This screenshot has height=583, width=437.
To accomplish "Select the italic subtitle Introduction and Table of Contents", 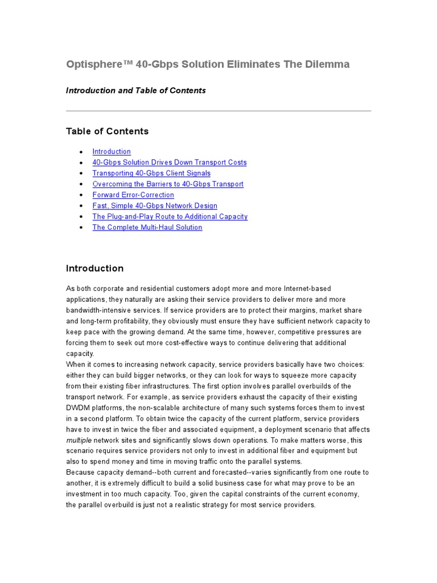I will point(135,91).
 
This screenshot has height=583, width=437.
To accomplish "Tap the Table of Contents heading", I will point(107,132).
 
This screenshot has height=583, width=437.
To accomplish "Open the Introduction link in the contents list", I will point(112,151).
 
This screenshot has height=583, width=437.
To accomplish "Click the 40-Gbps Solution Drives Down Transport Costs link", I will point(170,162).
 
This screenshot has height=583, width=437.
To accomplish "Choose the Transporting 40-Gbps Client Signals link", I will point(151,173).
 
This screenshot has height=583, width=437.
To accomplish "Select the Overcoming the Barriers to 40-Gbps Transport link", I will point(168,184).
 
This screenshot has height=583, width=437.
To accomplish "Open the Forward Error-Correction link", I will point(133,195).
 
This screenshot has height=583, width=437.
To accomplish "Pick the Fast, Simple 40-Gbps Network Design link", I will point(155,206).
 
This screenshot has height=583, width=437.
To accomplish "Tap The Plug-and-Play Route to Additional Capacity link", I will point(170,216).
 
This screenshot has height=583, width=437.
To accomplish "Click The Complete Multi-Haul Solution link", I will point(147,227).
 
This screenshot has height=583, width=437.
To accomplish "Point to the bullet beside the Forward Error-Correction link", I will point(81,195).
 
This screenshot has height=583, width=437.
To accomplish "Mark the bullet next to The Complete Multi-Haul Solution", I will point(81,228).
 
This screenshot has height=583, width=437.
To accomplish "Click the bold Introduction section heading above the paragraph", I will point(94,269).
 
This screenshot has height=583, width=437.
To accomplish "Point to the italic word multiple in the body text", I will point(79,440).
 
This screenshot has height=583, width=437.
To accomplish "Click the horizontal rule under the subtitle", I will point(218,111).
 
